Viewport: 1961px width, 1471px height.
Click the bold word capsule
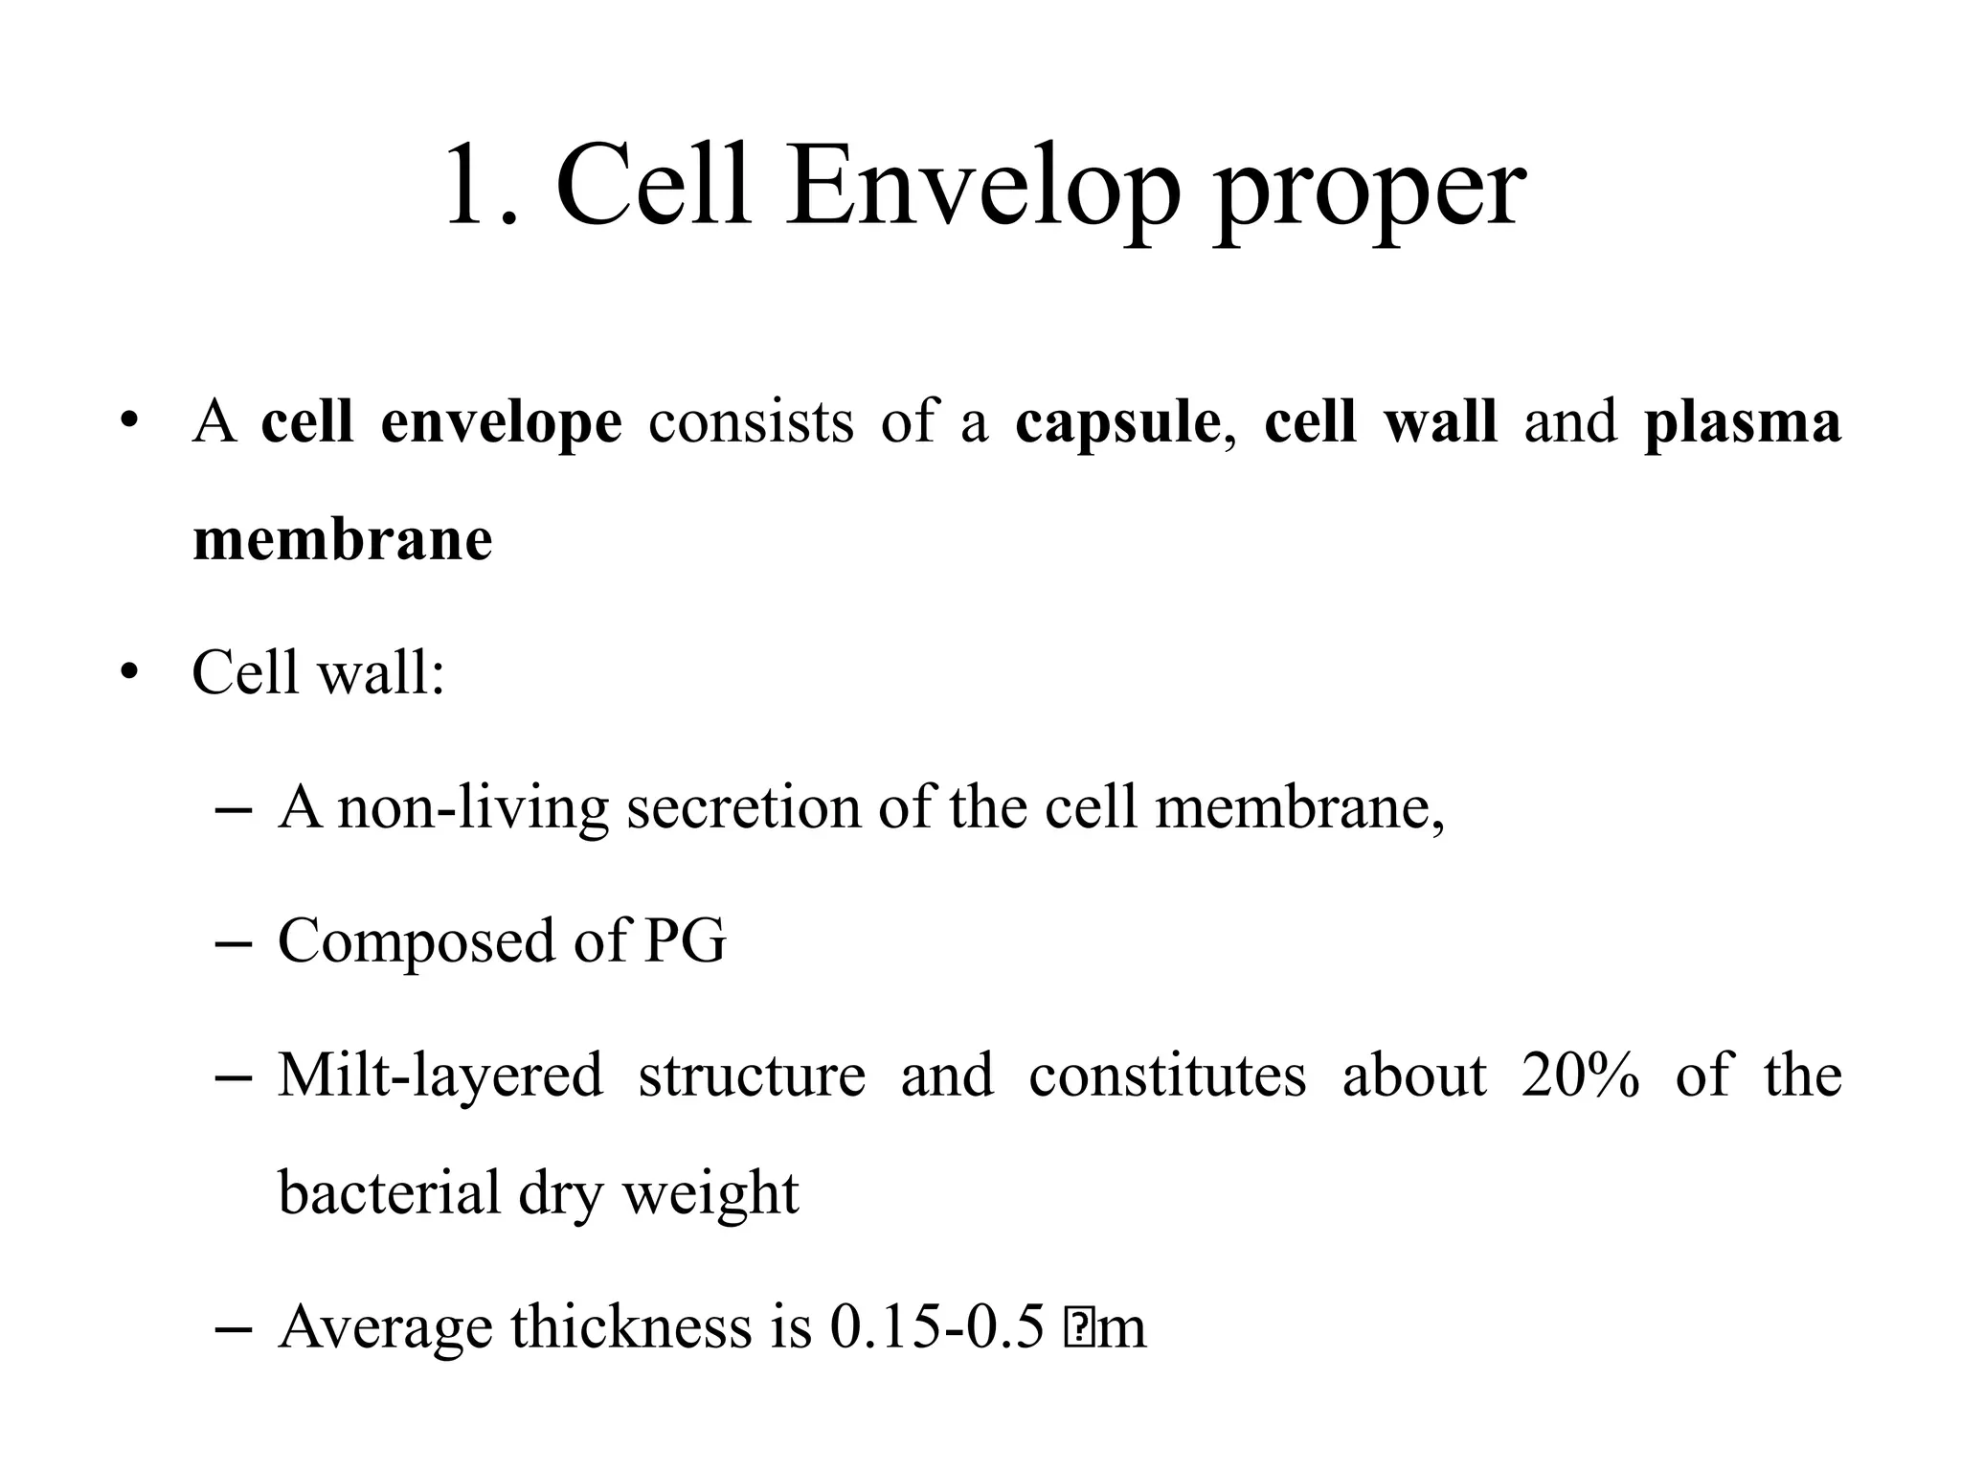pos(1118,423)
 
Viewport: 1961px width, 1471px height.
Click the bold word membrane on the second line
pos(343,540)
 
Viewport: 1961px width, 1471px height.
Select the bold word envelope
pos(501,423)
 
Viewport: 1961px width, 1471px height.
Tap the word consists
pos(751,423)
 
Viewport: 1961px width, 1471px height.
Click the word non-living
pos(473,807)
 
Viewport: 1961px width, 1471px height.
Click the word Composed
pos(417,941)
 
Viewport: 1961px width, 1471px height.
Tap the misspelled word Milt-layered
pos(440,1075)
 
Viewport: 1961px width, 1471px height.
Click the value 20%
pos(1580,1075)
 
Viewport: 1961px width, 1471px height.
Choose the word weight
pos(710,1193)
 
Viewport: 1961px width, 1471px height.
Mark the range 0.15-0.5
pos(936,1327)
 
